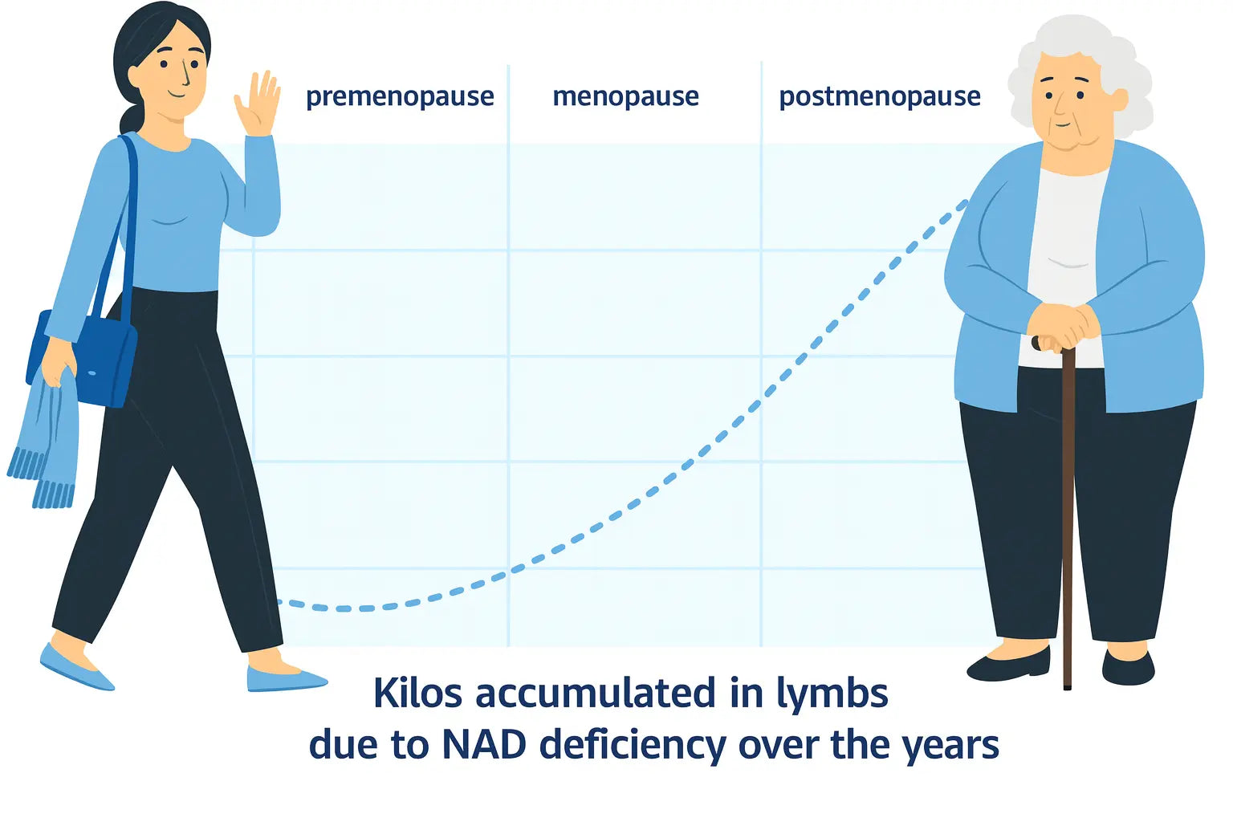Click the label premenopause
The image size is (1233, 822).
click(x=401, y=97)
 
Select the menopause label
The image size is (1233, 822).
click(x=626, y=96)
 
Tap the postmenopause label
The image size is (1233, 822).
click(x=880, y=97)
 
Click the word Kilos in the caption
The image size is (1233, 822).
click(x=417, y=693)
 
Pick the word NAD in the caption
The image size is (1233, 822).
click(x=484, y=744)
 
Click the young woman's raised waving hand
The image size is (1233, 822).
click(x=258, y=104)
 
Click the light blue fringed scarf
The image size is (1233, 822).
click(x=47, y=435)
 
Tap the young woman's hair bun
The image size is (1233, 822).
click(x=131, y=118)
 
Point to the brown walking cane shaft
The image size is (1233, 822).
click(x=1068, y=518)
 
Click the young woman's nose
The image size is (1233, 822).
click(x=186, y=77)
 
